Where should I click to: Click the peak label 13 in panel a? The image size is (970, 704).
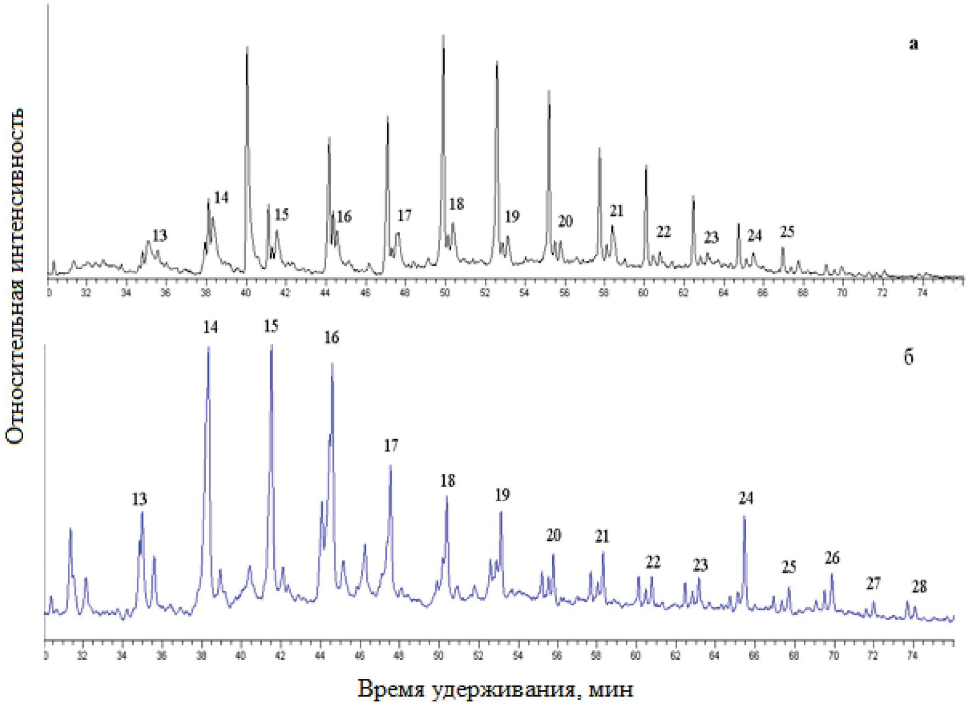coord(160,236)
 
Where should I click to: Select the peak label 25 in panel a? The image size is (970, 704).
coord(787,232)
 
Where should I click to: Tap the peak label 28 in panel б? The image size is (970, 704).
coord(919,586)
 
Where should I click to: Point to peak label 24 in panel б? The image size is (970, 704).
coord(746,498)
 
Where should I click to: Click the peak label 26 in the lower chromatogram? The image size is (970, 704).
coord(832,558)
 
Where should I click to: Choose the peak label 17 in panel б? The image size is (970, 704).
coord(391,446)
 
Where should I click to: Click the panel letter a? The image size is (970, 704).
coord(913,45)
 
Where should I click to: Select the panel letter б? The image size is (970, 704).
coord(909,357)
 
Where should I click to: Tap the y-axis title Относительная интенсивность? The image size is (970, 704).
coord(15,276)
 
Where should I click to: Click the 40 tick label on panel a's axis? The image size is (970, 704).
coord(246,293)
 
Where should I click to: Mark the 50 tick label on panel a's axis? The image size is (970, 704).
coord(444,293)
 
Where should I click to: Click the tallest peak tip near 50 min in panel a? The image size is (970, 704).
coord(443,36)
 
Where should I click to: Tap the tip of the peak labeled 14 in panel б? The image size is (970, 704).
coord(208,347)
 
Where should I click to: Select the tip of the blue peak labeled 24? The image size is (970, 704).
coord(745,517)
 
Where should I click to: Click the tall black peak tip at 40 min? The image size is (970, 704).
coord(247,47)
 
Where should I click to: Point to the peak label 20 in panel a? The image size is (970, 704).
coord(565,221)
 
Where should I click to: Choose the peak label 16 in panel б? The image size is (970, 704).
coord(331,338)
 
